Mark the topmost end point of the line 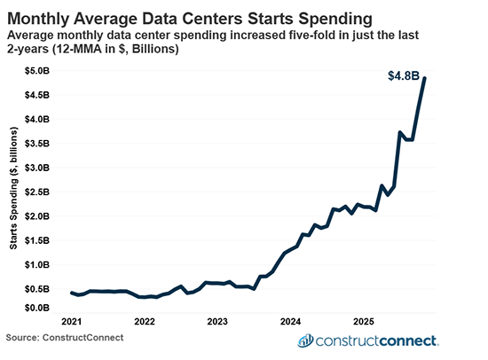(x=424, y=78)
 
